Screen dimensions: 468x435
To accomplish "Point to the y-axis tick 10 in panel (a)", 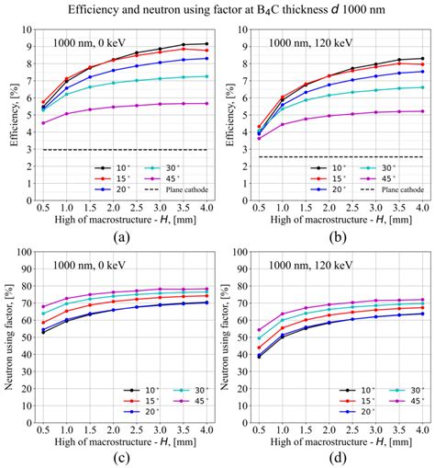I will [30, 29].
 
